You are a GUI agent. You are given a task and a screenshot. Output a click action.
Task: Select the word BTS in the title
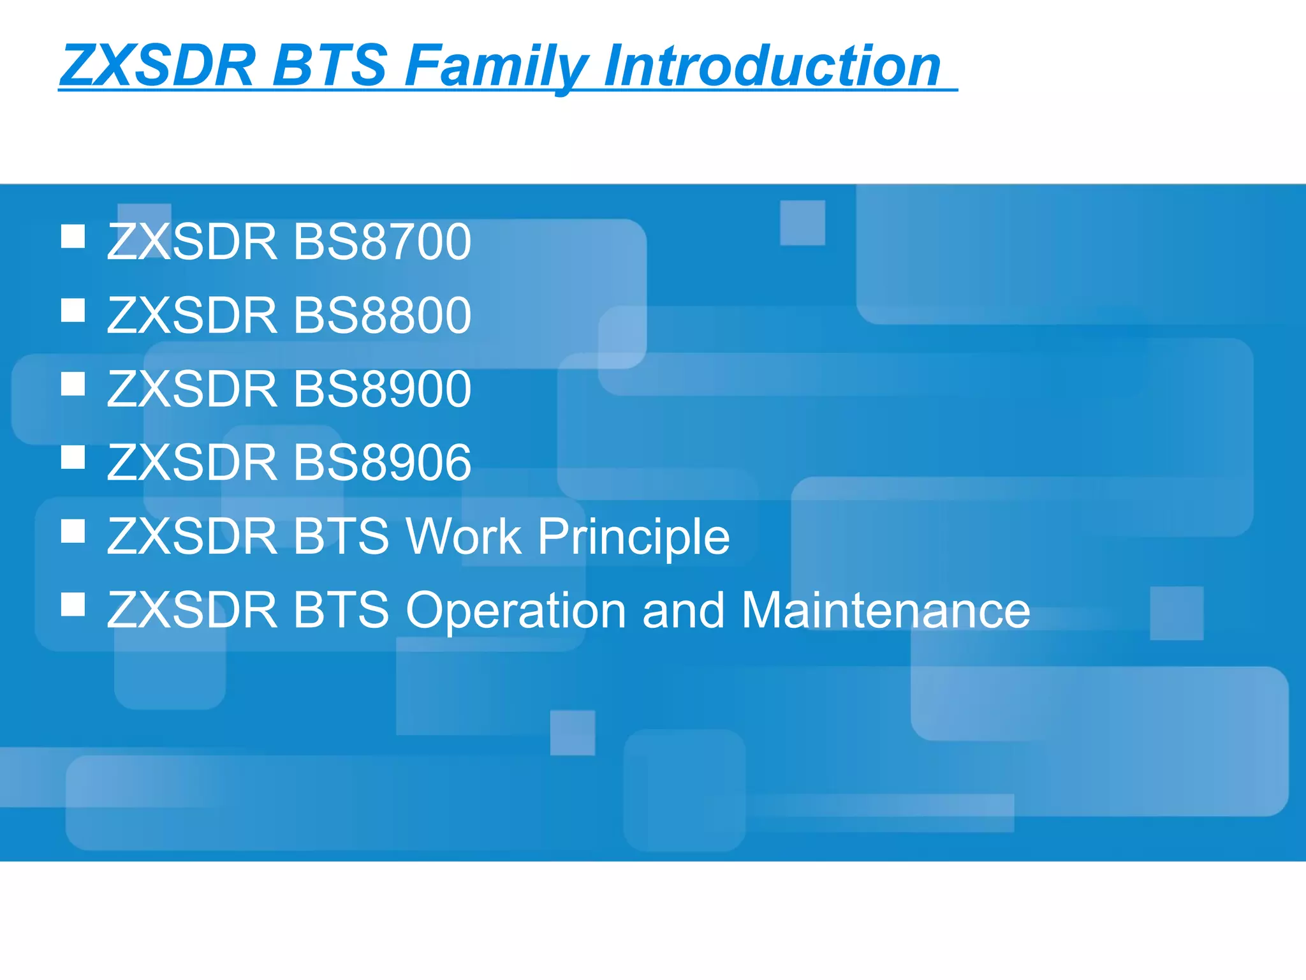pos(330,66)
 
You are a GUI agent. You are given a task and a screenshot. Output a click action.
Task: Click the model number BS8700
pos(381,242)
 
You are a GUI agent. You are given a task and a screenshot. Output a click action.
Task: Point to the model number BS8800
pos(381,315)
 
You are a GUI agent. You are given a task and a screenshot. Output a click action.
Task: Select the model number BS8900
pos(381,389)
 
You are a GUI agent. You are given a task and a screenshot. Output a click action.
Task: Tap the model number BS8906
pos(381,462)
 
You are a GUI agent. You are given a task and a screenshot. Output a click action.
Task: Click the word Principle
pos(633,537)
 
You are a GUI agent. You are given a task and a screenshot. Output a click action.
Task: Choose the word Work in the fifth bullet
pos(464,537)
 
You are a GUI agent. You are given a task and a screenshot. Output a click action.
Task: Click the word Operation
pos(516,611)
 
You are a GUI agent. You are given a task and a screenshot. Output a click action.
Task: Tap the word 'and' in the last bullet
pos(683,611)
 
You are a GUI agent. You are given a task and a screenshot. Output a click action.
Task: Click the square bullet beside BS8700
pos(73,236)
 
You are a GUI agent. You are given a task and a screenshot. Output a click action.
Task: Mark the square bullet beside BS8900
pos(73,384)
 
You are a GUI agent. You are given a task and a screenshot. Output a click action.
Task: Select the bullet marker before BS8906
pos(73,457)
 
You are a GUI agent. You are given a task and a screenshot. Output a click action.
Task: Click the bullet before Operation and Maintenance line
pos(73,604)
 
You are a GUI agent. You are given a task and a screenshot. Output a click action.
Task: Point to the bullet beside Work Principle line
pos(73,531)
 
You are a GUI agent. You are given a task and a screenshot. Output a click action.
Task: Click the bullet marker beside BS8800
pos(73,310)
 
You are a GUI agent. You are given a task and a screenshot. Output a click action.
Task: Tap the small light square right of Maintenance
pos(1177,613)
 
